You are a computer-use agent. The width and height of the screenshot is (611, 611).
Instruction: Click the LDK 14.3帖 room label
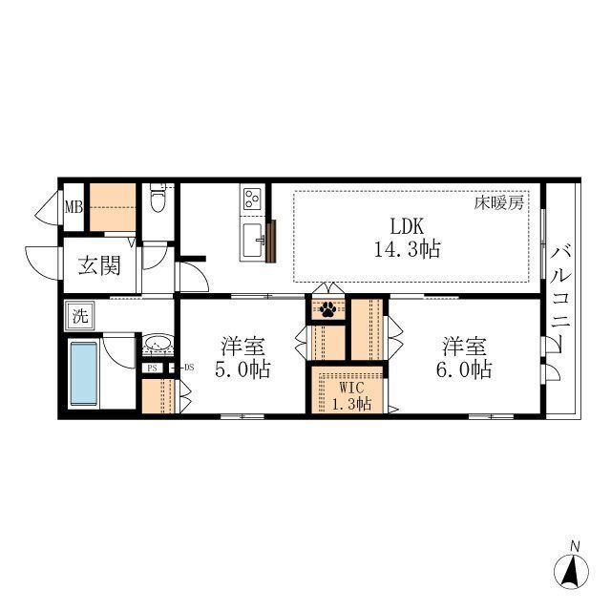tap(408, 238)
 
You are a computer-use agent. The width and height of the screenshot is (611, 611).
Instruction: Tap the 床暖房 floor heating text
tap(498, 203)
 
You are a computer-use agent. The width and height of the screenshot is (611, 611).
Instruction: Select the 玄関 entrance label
tap(99, 265)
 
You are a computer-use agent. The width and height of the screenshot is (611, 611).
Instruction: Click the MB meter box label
tap(74, 207)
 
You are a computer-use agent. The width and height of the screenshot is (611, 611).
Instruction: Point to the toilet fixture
tap(158, 198)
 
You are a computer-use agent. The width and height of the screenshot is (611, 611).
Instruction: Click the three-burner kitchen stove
tap(252, 199)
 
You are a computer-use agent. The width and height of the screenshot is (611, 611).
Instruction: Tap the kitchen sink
tap(253, 241)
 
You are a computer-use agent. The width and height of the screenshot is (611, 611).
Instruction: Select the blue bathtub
tap(83, 373)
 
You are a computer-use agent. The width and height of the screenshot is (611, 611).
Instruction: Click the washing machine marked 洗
tap(80, 316)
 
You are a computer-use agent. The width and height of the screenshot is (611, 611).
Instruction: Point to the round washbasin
tap(157, 344)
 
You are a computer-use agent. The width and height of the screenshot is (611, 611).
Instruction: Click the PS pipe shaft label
tap(152, 368)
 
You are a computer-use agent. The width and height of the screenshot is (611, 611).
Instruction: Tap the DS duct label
tap(189, 367)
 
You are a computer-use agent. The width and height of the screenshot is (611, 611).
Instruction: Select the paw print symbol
tap(327, 309)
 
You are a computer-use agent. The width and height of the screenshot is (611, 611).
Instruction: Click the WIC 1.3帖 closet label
tap(351, 395)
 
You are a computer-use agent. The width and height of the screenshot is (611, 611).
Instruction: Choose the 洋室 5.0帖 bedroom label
tap(242, 358)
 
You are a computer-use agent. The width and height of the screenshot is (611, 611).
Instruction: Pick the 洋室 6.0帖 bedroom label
tap(464, 358)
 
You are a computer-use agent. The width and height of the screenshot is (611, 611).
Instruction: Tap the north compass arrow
tap(571, 571)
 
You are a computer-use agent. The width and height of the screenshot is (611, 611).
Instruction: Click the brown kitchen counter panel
tap(271, 241)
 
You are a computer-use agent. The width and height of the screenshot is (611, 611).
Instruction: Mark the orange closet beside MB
tap(113, 207)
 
